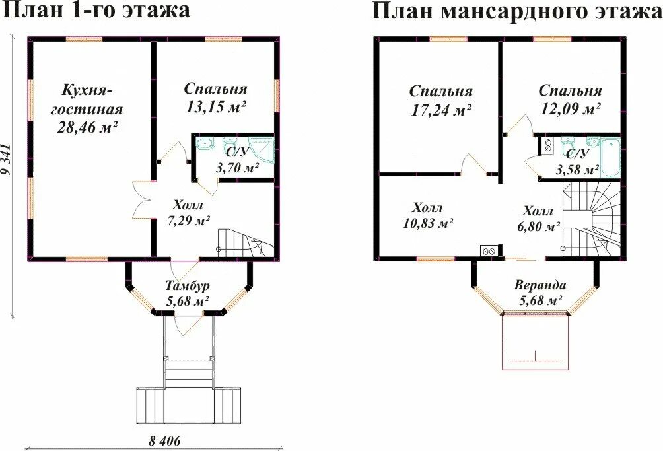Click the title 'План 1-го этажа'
coord(96,11)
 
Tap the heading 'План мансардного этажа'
coord(516,11)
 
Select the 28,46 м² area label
coord(88,127)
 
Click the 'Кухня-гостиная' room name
coord(88,99)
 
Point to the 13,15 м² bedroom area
coord(215,106)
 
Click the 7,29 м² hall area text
coord(189,221)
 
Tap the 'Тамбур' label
coord(188,286)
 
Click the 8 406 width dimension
coord(161,441)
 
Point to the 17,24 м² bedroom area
coord(440,110)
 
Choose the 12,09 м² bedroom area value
coord(571,109)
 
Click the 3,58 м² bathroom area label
coord(578,169)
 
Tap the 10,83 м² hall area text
coord(428,223)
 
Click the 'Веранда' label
coord(540,285)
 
